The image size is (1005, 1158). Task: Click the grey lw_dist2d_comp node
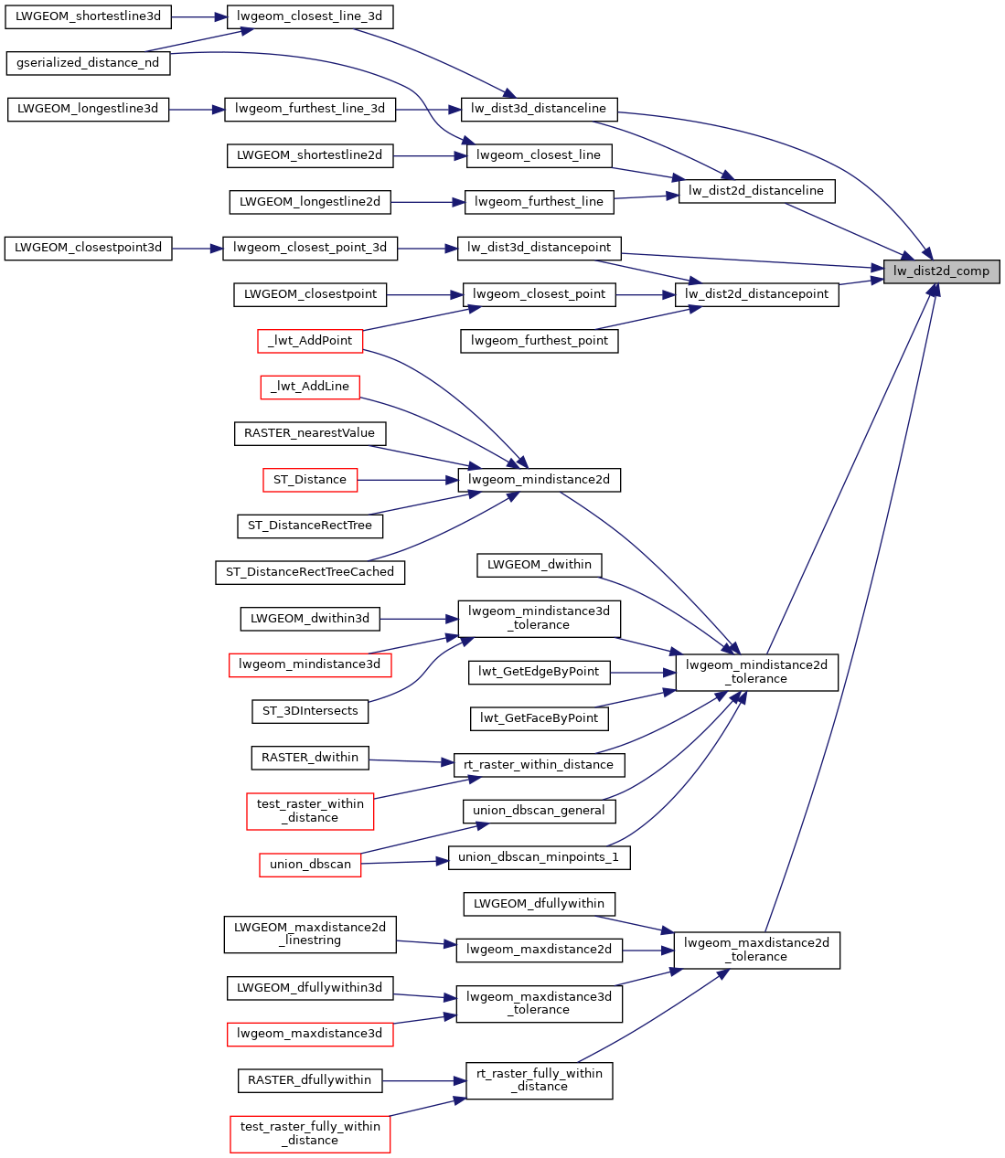tap(941, 271)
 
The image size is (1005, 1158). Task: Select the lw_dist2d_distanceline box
tap(756, 191)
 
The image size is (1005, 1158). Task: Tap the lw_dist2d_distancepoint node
tap(756, 294)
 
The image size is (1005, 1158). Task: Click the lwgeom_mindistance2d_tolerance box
tap(756, 672)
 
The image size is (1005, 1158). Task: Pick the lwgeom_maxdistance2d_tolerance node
tap(756, 950)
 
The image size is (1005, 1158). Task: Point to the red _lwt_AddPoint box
tap(310, 341)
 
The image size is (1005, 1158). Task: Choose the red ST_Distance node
tap(310, 480)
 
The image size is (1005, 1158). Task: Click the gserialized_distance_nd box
tap(88, 63)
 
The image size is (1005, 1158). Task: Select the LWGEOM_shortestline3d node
tap(88, 16)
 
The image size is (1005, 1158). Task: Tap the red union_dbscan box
tap(310, 865)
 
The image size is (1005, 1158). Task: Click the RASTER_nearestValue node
tap(310, 433)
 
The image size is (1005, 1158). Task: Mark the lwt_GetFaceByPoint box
tap(540, 718)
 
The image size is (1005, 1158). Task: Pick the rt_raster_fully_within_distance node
tap(540, 1080)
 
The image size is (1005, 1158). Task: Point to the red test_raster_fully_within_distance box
tap(310, 1133)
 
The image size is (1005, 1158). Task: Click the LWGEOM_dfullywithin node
tap(540, 904)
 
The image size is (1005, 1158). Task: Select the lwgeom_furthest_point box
tap(540, 341)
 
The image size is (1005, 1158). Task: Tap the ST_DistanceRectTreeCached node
tap(310, 572)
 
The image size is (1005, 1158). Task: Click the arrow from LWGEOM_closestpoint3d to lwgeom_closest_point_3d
tap(198, 248)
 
